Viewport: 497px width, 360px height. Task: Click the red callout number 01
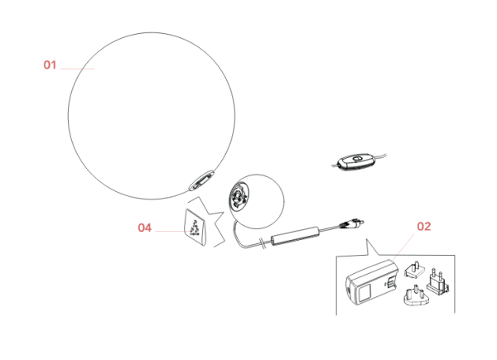[x=50, y=65]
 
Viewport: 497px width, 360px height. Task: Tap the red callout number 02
[x=424, y=227]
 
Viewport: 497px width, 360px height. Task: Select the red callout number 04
[x=144, y=228]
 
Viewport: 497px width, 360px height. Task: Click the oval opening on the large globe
[x=201, y=180]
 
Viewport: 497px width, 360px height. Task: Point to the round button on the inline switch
[x=357, y=159]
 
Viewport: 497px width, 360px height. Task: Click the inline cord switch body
[x=355, y=162]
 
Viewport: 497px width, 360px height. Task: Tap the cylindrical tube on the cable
[x=295, y=236]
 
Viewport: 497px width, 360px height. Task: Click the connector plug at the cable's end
[x=352, y=223]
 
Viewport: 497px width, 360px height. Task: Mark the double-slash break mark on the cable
[x=263, y=243]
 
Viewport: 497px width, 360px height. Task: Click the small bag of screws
[x=195, y=227]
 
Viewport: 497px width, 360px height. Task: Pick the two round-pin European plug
[x=437, y=281]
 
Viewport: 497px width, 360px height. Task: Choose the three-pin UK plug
[x=415, y=295]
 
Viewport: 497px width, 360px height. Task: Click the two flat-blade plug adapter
[x=415, y=270]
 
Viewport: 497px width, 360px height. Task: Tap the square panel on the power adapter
[x=364, y=292]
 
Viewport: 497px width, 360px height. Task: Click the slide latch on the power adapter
[x=391, y=281]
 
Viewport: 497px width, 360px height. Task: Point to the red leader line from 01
[x=77, y=69]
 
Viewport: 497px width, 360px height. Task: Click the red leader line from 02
[x=403, y=247]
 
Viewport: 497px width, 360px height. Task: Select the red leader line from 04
[x=171, y=231]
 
